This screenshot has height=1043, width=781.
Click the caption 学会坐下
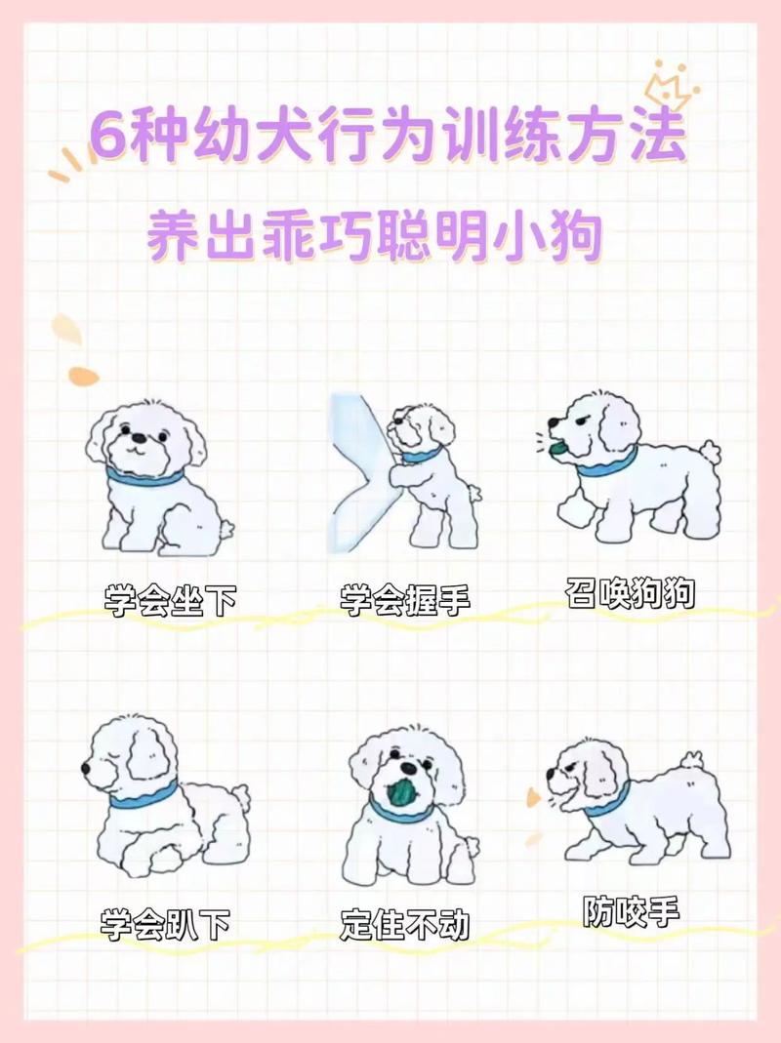(x=170, y=600)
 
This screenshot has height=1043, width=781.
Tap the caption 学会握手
(x=405, y=600)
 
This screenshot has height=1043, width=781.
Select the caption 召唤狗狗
(x=630, y=592)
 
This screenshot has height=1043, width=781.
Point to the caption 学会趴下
(x=165, y=923)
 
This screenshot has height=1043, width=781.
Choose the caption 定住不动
(x=405, y=923)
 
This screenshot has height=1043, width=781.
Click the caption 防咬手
(x=631, y=911)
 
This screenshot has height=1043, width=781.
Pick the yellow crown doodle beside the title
(x=670, y=85)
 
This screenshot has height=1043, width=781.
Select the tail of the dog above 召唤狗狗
(x=711, y=451)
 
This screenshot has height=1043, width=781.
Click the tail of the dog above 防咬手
(x=692, y=759)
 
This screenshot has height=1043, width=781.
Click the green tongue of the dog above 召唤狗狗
(x=555, y=448)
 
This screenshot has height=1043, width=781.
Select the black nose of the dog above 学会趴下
(x=87, y=769)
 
